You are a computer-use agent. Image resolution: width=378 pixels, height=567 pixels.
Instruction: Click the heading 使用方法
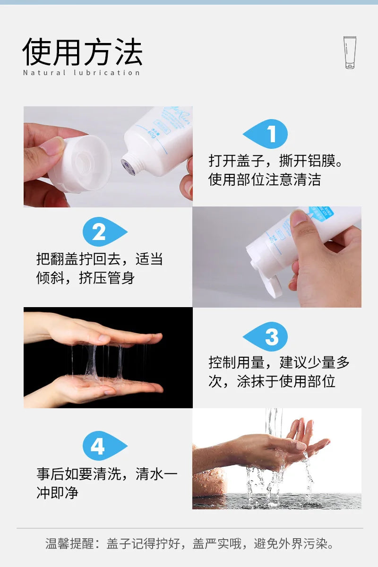tap(83, 52)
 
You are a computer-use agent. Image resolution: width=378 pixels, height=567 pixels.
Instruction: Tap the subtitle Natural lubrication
tap(81, 73)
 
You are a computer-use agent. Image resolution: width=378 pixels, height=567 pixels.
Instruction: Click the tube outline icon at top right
tap(350, 52)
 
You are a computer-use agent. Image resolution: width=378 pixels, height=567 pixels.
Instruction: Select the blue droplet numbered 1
tap(266, 134)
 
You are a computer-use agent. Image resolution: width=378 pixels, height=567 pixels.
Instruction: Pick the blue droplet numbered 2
tap(105, 232)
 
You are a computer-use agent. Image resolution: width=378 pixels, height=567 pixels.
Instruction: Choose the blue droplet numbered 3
tap(266, 336)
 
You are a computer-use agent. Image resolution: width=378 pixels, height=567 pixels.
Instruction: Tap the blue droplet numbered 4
tap(105, 446)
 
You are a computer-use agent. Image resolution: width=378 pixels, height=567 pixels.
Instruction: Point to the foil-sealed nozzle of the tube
tap(129, 166)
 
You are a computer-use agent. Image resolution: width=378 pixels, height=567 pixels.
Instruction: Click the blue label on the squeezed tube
tap(322, 213)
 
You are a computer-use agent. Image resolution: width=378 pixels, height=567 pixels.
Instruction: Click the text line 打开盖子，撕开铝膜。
tap(275, 161)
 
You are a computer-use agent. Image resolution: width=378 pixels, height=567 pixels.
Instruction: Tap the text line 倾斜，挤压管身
tap(86, 278)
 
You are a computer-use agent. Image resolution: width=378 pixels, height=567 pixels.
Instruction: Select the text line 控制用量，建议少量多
tap(279, 362)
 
